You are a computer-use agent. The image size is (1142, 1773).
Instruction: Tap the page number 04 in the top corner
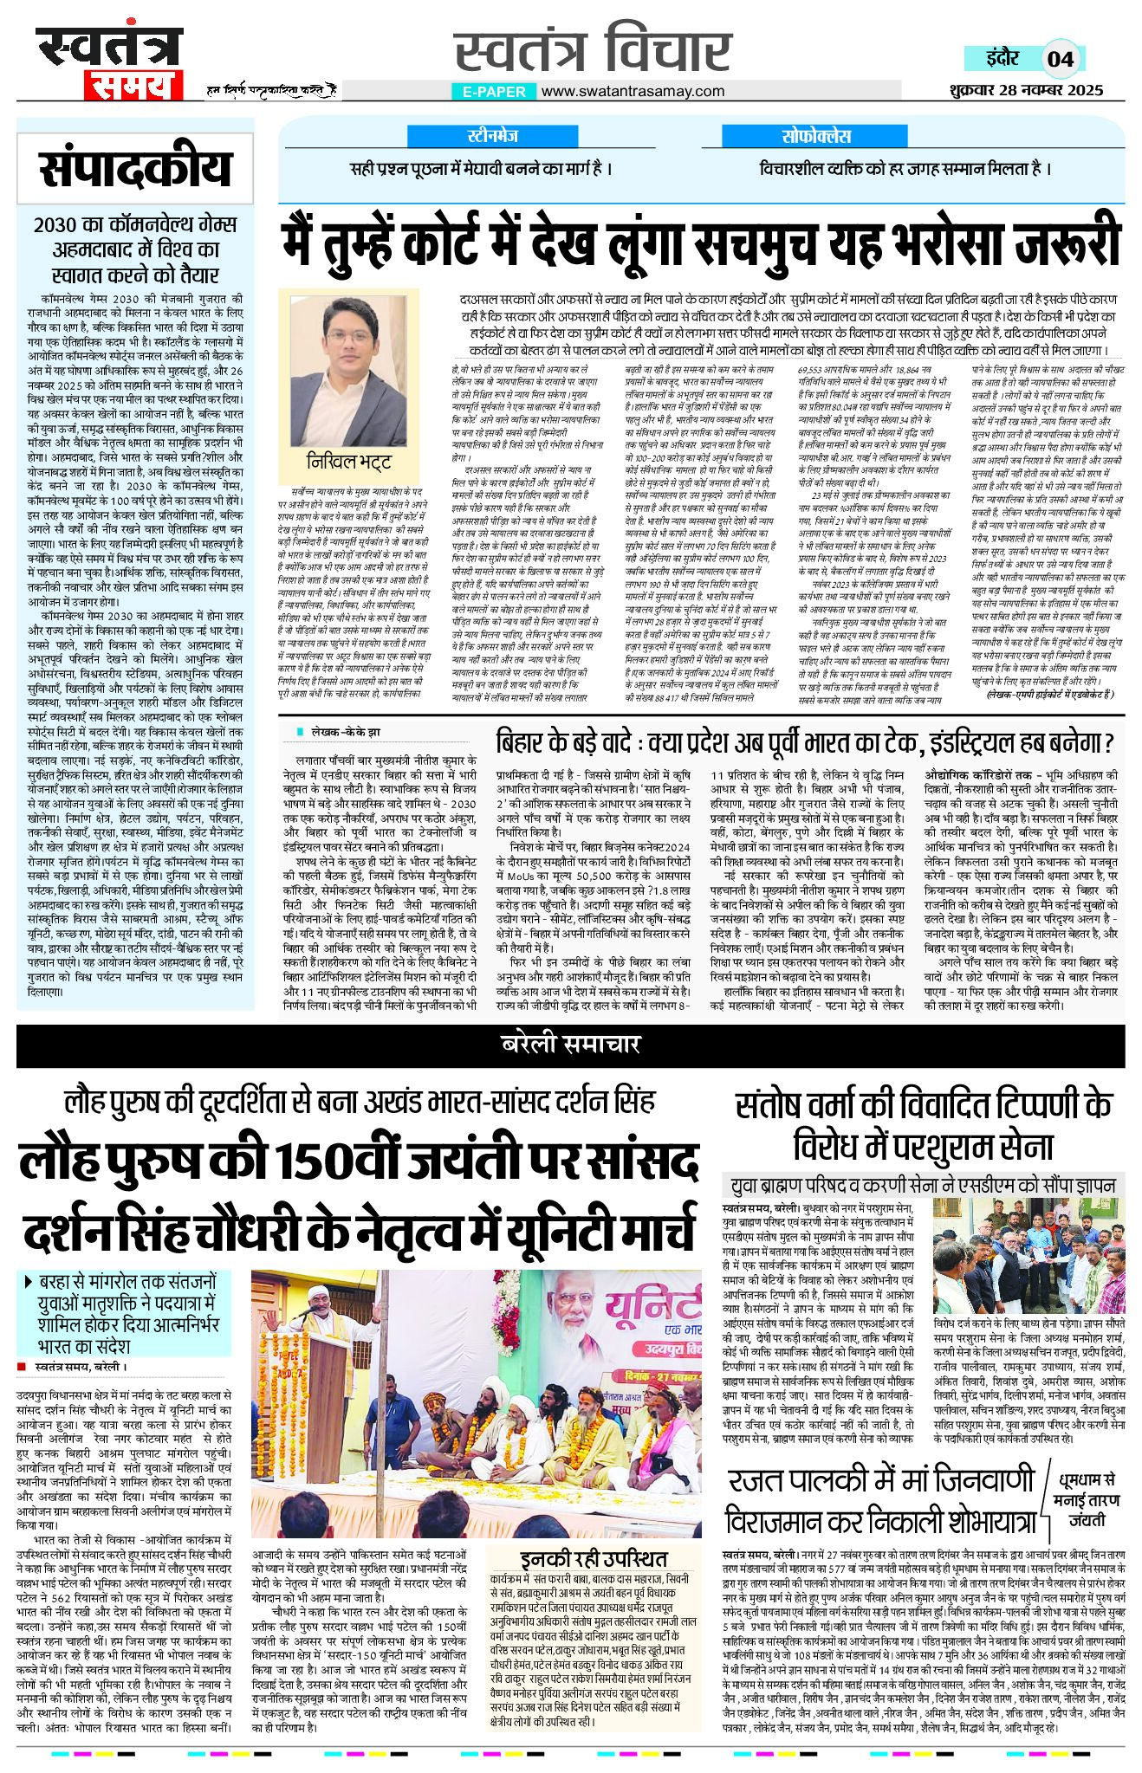[1060, 59]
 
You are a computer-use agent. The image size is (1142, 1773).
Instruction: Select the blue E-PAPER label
[493, 92]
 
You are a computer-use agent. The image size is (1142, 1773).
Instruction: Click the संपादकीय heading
[135, 169]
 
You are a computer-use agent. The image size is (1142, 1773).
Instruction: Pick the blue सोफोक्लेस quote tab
[815, 136]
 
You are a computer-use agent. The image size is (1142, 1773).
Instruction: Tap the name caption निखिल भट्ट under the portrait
[349, 460]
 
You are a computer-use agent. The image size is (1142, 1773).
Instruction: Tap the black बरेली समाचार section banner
[570, 1045]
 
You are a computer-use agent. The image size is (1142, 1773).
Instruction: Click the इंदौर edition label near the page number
[1002, 59]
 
